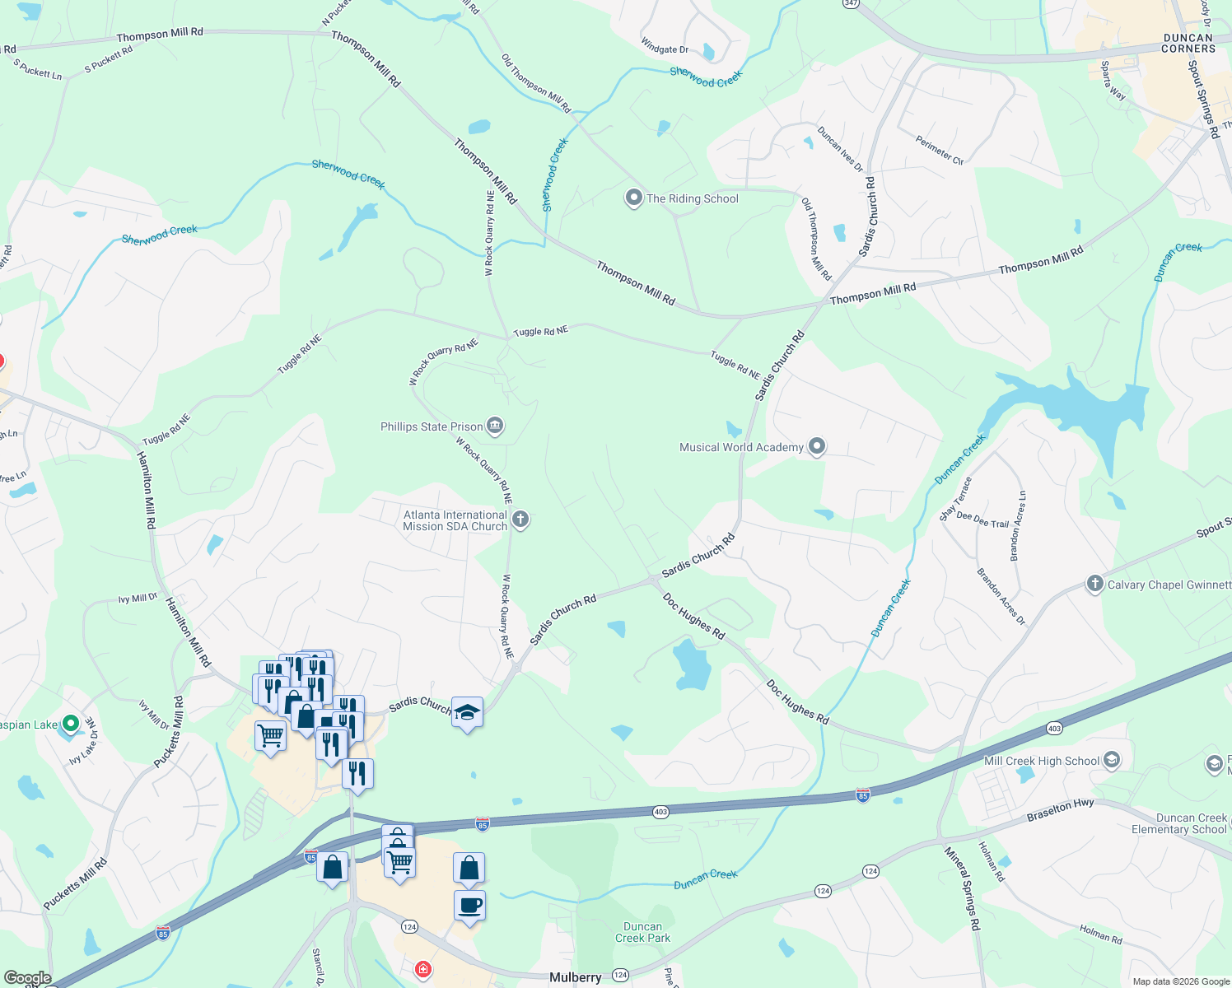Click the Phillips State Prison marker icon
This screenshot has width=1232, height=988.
point(495,426)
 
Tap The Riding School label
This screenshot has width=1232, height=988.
point(692,198)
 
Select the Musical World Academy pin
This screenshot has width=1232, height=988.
point(816,446)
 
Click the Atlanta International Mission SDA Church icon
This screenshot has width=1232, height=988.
point(520,520)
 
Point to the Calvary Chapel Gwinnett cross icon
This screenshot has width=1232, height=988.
point(1094,584)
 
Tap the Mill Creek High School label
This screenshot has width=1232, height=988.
point(1041,761)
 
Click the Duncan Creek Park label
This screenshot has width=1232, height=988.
point(642,932)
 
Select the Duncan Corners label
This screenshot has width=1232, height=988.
point(1188,43)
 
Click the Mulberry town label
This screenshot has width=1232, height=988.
point(575,977)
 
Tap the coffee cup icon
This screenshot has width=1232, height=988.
point(469,906)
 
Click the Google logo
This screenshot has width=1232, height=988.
point(27,978)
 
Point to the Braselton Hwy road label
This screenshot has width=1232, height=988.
point(1060,810)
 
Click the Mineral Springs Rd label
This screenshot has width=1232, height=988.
point(962,888)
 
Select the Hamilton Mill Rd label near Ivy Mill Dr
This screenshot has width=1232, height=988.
point(189,631)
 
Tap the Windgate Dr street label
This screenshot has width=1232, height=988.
point(665,49)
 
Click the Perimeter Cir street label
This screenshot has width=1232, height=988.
point(939,150)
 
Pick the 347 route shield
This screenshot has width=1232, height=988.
point(851,3)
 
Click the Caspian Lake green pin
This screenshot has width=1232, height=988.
point(71,724)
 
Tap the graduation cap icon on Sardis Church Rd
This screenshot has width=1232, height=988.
point(467,712)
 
